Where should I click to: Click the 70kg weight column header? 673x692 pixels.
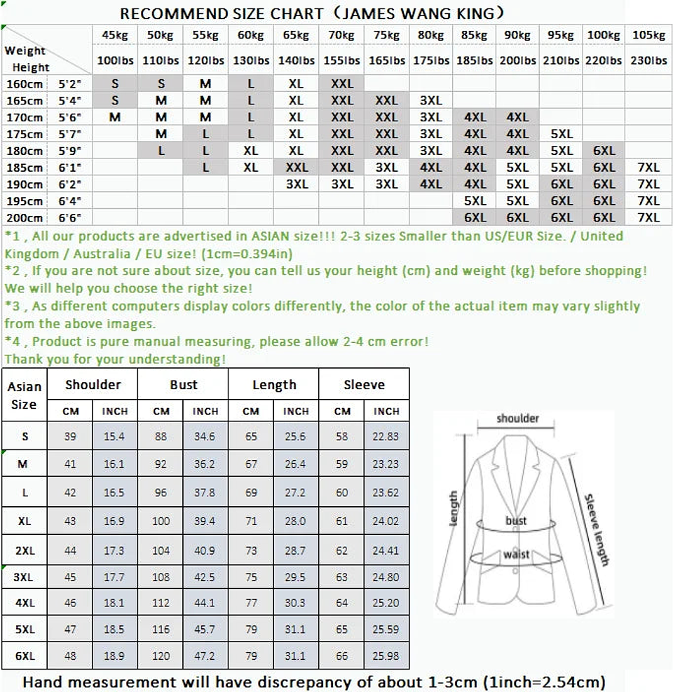point(341,35)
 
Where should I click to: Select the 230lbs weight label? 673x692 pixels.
point(648,60)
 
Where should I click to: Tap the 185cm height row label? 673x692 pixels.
point(25,168)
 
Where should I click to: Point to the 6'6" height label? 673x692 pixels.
point(70,218)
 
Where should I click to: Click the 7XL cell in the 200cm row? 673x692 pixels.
point(648,218)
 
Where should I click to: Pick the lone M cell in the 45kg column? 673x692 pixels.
point(115,117)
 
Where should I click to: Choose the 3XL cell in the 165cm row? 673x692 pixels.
point(430,100)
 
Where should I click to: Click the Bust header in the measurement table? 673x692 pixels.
point(183,385)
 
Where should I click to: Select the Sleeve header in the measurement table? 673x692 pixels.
point(364,385)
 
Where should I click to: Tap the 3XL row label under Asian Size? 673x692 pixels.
point(25,578)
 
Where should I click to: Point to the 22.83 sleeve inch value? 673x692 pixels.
point(386,436)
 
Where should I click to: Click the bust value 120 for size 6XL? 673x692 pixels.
point(161,656)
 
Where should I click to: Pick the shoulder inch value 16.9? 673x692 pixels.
point(114,522)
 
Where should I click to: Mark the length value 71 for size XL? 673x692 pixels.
point(251,522)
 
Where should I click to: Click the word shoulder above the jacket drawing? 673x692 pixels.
point(517,419)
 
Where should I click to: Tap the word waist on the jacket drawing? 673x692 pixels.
point(516,555)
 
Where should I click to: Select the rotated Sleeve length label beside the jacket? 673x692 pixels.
point(596,529)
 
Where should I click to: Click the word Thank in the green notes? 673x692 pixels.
point(21,359)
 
